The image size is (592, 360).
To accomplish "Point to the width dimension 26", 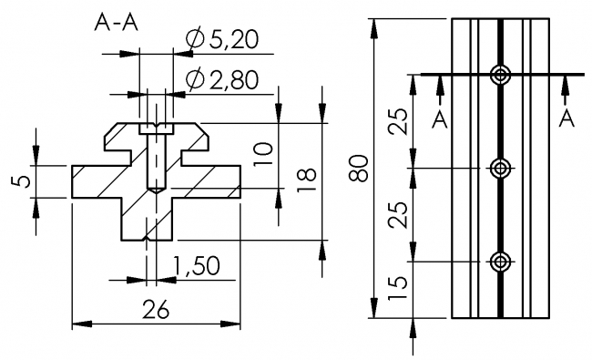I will tap(157, 310).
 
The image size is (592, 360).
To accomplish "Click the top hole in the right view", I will tap(499, 76).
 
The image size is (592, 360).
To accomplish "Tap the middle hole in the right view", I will tap(499, 169).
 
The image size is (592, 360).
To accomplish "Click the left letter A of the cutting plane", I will tap(440, 118).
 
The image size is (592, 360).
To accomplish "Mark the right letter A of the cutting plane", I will tap(566, 118).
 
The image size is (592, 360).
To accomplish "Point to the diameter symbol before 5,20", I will tap(194, 39).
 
